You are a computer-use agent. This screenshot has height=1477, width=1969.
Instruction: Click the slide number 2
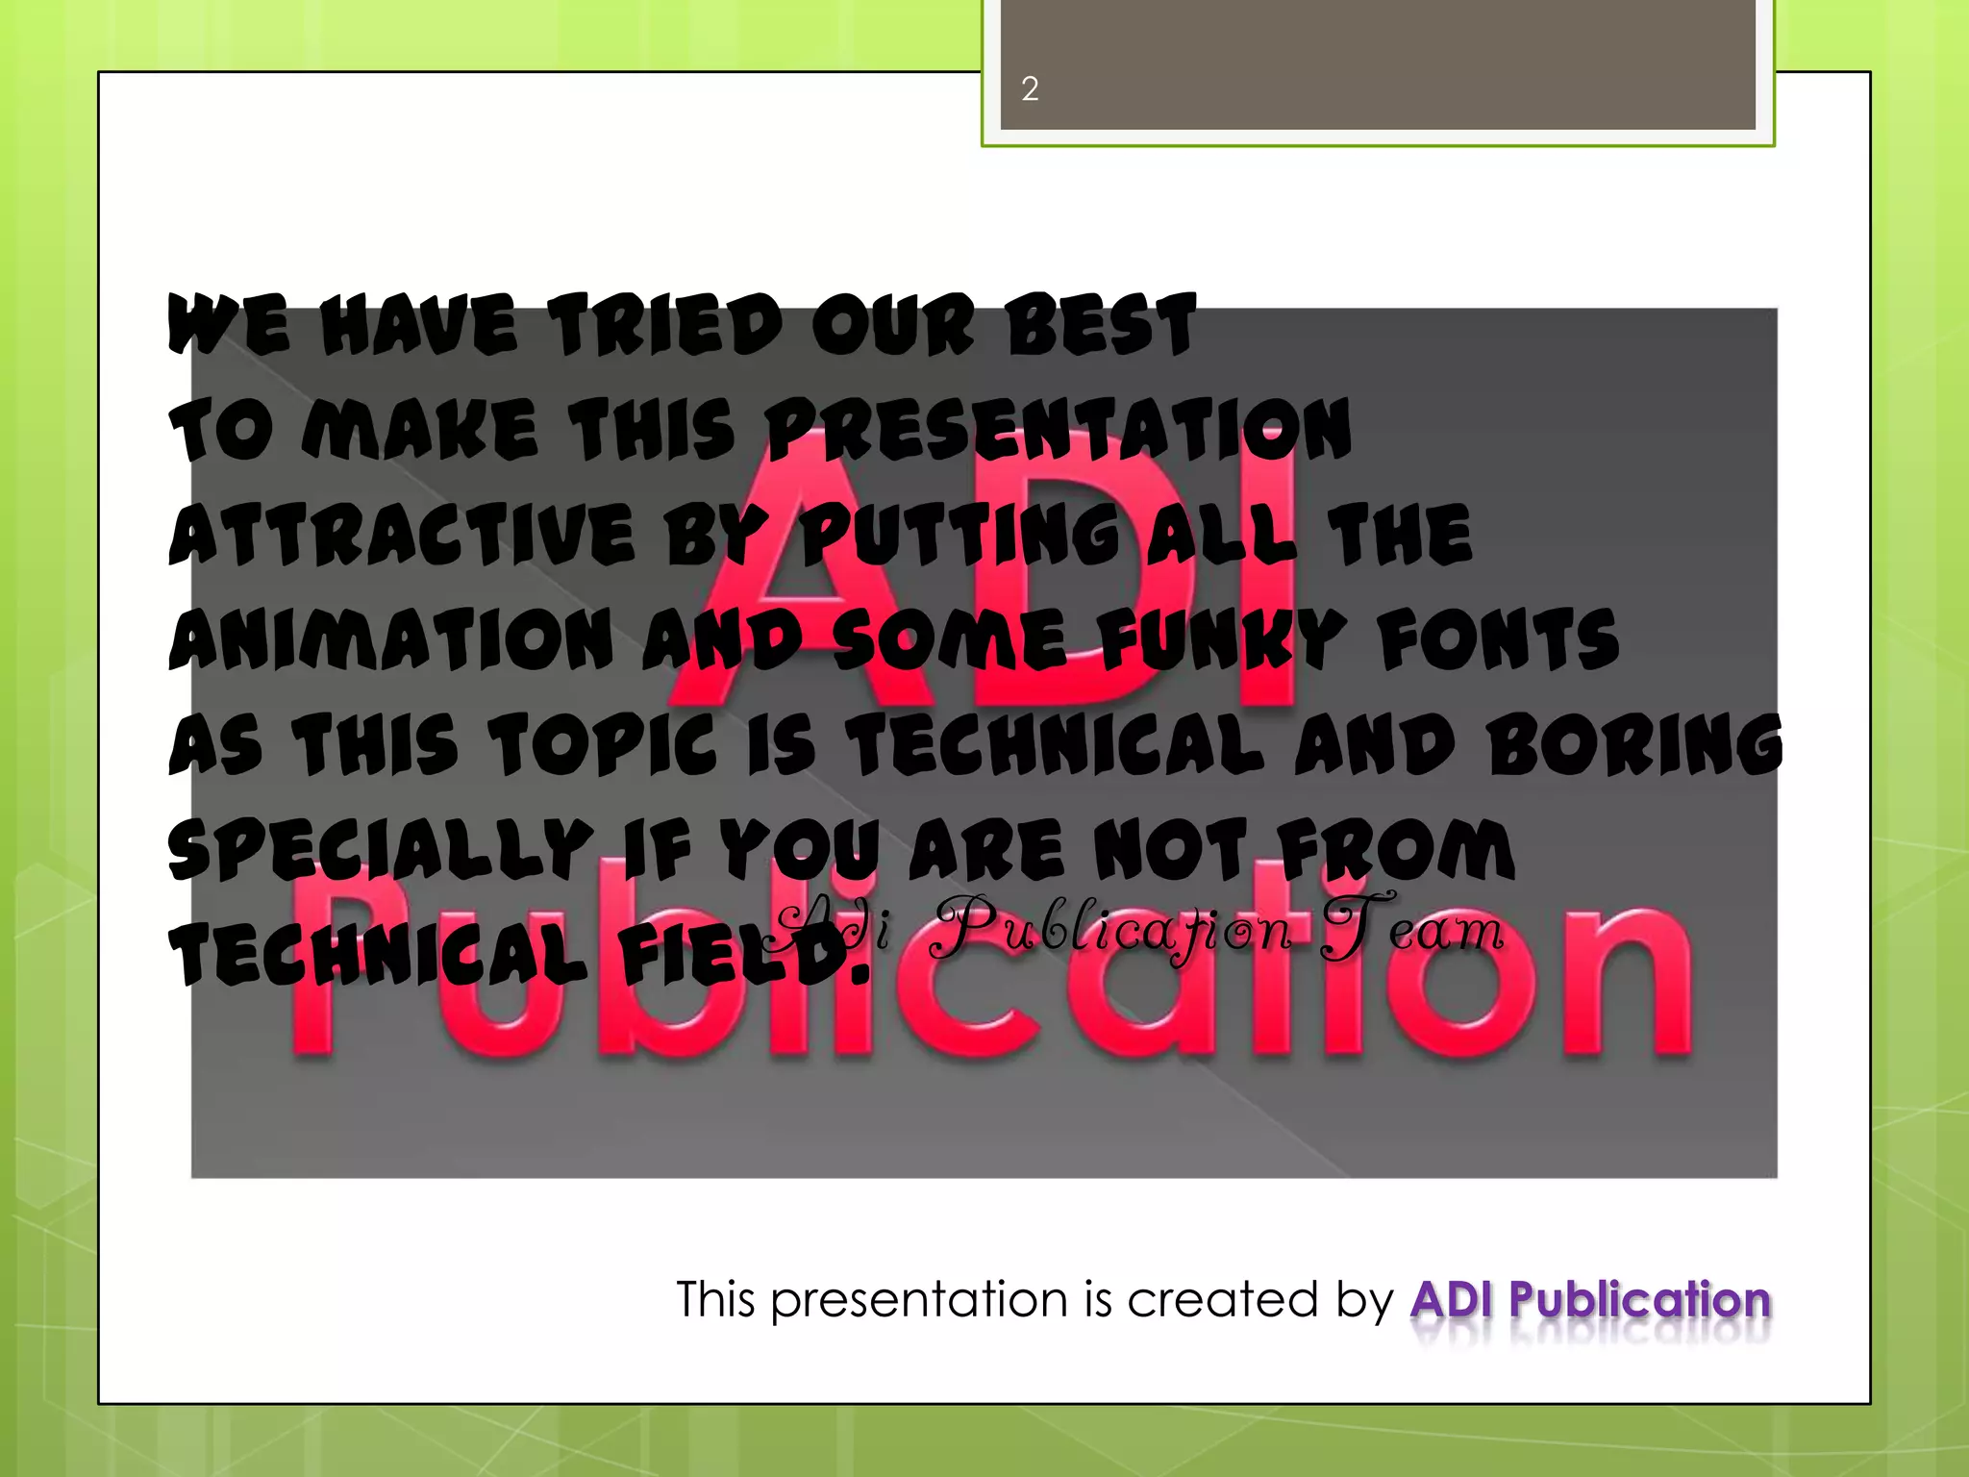(1030, 89)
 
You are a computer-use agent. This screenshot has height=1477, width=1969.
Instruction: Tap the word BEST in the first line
(1100, 325)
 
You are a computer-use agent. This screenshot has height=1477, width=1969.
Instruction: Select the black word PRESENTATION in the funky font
(1058, 429)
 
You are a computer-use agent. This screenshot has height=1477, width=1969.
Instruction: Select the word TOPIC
(603, 745)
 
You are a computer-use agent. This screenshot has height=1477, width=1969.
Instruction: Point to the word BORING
(1634, 745)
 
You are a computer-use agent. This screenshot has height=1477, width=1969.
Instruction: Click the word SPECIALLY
(381, 851)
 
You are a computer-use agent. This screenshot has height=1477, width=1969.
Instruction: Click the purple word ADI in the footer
(1452, 1300)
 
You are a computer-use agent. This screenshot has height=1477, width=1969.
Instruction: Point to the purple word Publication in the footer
(1639, 1300)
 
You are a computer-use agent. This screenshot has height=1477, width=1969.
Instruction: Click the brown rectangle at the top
(1377, 64)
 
